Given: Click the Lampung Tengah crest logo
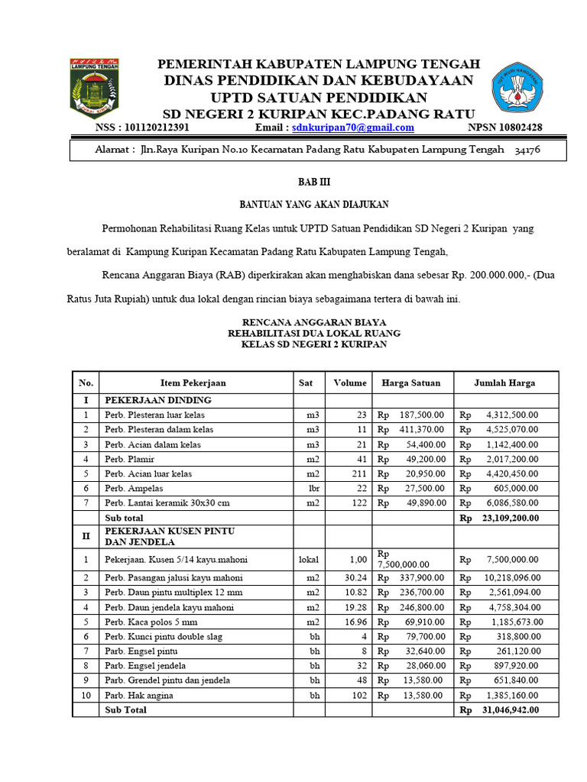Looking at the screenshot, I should pos(93,88).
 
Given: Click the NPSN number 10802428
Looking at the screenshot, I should pos(516,128).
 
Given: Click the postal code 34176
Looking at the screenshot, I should pos(527,150).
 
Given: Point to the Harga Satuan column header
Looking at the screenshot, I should pos(413,383).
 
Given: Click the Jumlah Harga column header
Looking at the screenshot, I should pos(504,383).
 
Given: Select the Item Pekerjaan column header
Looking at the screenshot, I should pos(193,383).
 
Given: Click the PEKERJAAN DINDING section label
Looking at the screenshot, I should pos(157,399).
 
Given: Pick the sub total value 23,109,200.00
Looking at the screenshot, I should pos(510,517).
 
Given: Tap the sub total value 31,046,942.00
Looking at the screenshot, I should pos(510,709).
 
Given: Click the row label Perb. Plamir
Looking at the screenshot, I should pos(130,459).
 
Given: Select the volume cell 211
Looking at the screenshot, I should pos(358,473).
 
